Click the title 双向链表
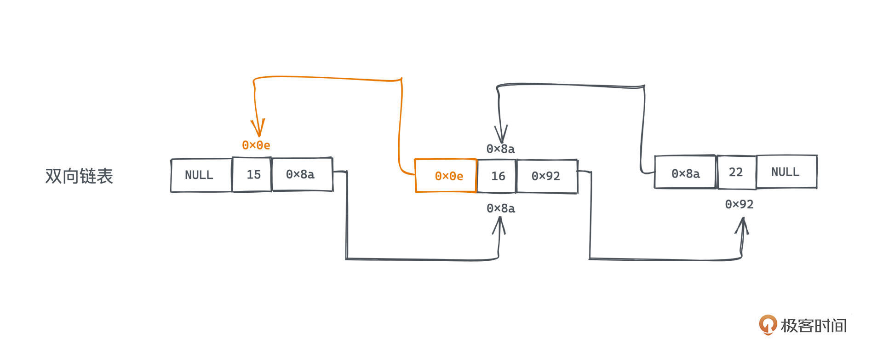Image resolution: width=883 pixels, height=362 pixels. point(79,176)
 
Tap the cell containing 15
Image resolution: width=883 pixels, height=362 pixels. point(252,175)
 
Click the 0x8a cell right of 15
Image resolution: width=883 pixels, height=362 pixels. point(301,174)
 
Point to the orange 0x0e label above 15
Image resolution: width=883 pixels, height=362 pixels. point(256,145)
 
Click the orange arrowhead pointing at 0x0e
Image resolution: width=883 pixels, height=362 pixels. point(258,128)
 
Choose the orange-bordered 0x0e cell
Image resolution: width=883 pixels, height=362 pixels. point(446,176)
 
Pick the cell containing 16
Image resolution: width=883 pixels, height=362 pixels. point(497,176)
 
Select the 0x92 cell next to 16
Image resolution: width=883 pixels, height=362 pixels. point(546,176)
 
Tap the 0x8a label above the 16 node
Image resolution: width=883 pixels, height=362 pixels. point(501,149)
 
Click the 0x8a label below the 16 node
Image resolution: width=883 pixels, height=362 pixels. point(501,208)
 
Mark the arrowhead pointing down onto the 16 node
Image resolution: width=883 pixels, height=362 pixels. point(501,134)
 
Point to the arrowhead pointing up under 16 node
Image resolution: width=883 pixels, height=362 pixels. point(499,224)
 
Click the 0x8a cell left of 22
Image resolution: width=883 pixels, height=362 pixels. point(685,173)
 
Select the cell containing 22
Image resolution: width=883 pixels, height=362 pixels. point(736,172)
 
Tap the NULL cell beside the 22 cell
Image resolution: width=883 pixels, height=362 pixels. point(786,172)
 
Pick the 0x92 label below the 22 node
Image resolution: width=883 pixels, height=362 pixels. point(739,204)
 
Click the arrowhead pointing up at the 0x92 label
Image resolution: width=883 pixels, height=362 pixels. point(742,225)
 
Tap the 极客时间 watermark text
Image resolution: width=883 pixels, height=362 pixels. point(813,326)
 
